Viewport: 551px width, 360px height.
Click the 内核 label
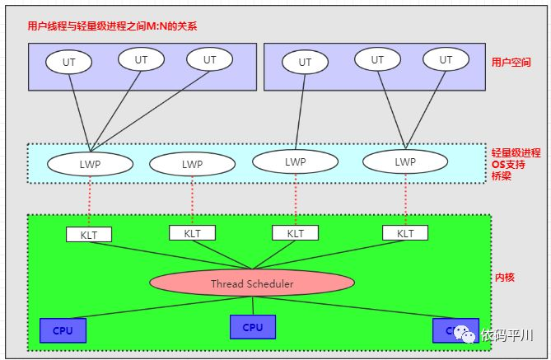[x=504, y=278]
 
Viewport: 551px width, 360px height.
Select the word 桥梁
[x=502, y=175]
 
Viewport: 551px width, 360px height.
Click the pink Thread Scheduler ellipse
[x=252, y=283]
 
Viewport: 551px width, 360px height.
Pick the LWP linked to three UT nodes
[x=90, y=163]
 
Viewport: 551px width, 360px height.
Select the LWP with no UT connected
[x=192, y=164]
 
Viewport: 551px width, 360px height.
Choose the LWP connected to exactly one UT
[x=295, y=161]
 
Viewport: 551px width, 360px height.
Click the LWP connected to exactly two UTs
[x=404, y=161]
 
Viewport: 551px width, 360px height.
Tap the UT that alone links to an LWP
[x=305, y=62]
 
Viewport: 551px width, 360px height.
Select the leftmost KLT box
[x=89, y=234]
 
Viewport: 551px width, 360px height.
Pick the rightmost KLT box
[x=405, y=233]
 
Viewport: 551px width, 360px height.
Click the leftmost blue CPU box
[x=63, y=330]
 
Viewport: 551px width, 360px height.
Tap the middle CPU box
[x=253, y=327]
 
